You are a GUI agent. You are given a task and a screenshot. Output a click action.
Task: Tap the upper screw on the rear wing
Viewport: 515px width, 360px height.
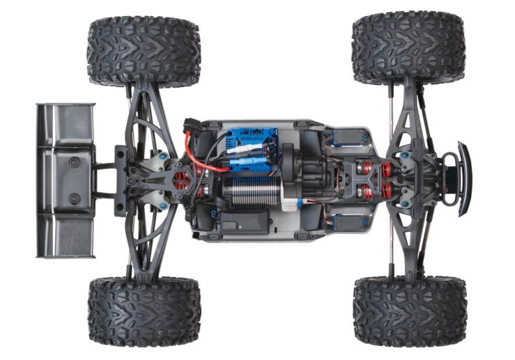coord(75,161)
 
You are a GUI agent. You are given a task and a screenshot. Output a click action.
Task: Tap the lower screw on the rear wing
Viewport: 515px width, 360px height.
coord(75,198)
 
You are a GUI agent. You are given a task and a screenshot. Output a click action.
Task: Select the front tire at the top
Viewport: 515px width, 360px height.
coord(409,48)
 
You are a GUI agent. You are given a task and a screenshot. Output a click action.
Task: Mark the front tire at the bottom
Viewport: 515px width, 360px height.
coord(410,311)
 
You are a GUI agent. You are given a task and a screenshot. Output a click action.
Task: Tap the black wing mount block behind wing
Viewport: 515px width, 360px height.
coord(120,180)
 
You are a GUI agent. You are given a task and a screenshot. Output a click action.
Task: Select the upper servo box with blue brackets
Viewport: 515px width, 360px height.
coord(348,137)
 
